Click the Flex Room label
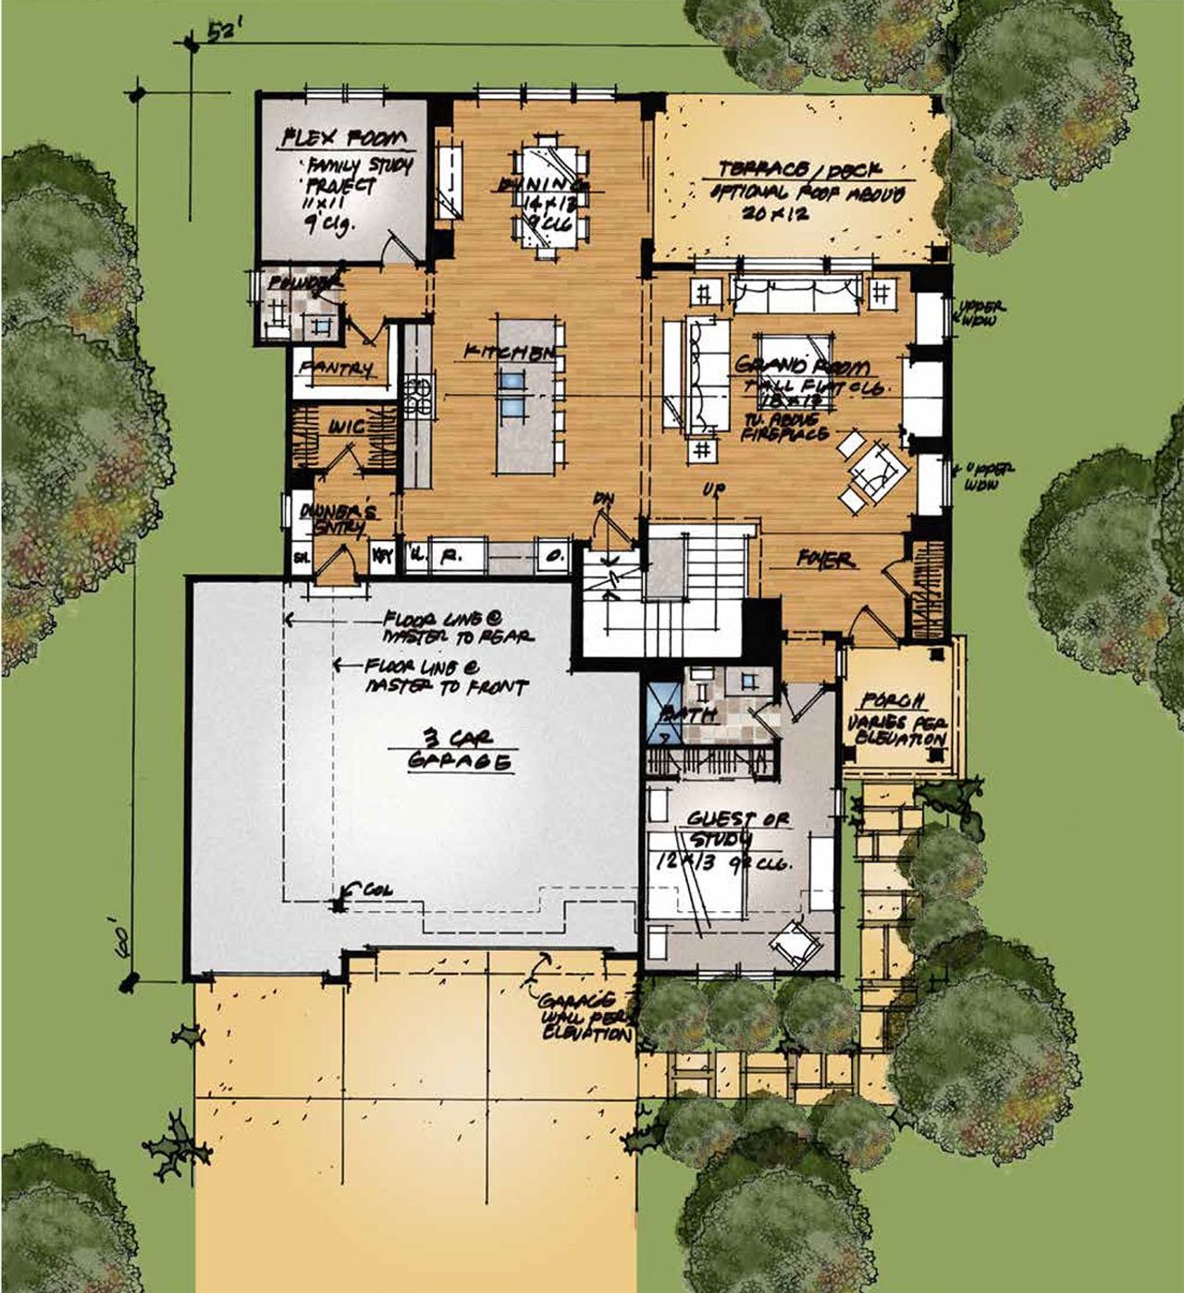point(344,140)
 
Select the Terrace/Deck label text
point(801,170)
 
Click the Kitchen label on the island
point(510,352)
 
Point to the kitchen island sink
point(512,392)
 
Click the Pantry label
point(336,368)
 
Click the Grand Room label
point(801,366)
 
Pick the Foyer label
point(823,560)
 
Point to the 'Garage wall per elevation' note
point(586,1016)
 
